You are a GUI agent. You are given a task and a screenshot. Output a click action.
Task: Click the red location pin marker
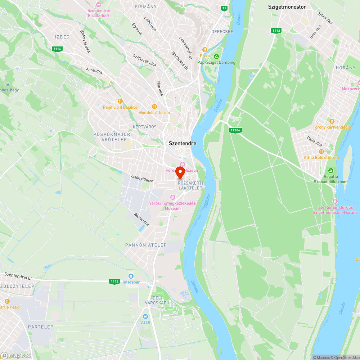pyautogui.click(x=180, y=172)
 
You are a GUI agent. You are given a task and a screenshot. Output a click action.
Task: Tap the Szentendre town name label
pyautogui.click(x=183, y=143)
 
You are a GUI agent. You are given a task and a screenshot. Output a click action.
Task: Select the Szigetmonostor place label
pyautogui.click(x=287, y=6)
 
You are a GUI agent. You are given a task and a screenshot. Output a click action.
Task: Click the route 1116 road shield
pyautogui.click(x=57, y=49)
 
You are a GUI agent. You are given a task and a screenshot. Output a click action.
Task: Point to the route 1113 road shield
pyautogui.click(x=276, y=31)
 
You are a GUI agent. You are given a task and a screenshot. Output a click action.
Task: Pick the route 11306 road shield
pyautogui.click(x=235, y=130)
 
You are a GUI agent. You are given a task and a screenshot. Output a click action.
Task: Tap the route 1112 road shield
pyautogui.click(x=114, y=282)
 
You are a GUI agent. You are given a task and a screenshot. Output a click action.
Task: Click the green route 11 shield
pyautogui.click(x=225, y=8)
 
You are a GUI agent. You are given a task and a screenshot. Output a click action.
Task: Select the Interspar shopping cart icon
pyautogui.click(x=130, y=276)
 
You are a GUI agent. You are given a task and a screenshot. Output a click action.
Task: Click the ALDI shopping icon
pyautogui.click(x=145, y=316)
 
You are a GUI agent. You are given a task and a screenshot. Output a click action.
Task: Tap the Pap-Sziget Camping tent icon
pyautogui.click(x=216, y=56)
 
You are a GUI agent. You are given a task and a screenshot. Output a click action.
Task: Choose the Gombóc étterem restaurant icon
pyautogui.click(x=154, y=106)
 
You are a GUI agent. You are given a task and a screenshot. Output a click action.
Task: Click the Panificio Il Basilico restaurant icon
pyautogui.click(x=120, y=101)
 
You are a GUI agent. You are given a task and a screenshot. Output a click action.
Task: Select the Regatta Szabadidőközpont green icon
pyautogui.click(x=331, y=170)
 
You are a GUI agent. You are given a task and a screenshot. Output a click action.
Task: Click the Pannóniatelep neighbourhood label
pyautogui.click(x=146, y=245)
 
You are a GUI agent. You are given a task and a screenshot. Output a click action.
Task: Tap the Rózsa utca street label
pyautogui.click(x=141, y=219)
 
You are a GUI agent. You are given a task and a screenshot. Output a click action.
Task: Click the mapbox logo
pyautogui.click(x=16, y=355)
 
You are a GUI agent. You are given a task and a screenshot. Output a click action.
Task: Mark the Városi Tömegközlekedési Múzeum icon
pyautogui.click(x=173, y=197)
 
